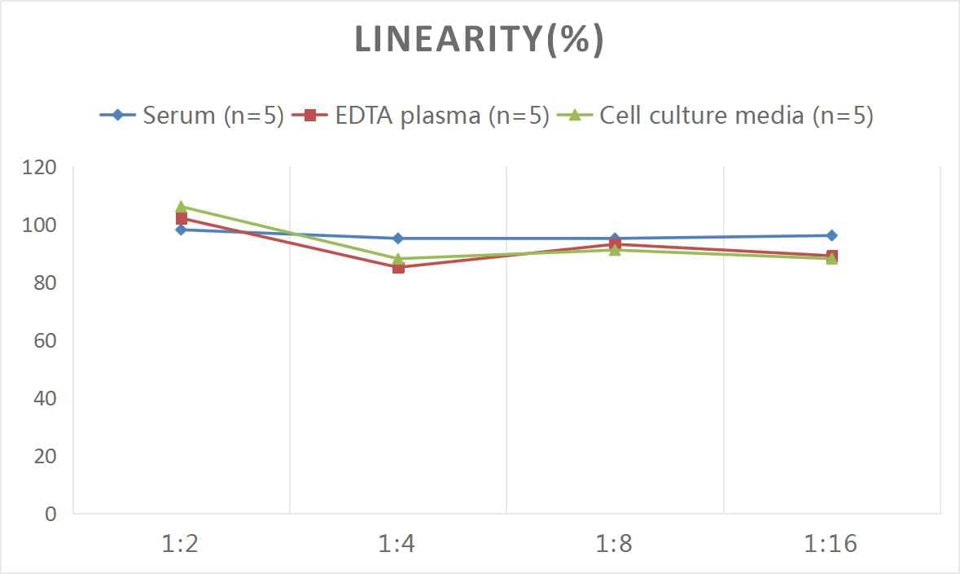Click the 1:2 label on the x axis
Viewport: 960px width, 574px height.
(x=181, y=544)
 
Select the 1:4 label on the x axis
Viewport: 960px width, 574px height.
(x=397, y=544)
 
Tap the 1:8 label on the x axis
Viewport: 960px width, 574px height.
(x=615, y=544)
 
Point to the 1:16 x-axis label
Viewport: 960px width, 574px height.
(x=831, y=544)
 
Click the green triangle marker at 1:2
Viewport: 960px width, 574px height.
(x=181, y=207)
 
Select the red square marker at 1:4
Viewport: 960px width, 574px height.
(x=398, y=267)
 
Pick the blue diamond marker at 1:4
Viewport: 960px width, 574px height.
(x=398, y=239)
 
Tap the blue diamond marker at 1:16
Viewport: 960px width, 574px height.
(x=831, y=235)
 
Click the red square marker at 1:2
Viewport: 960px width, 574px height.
(x=181, y=218)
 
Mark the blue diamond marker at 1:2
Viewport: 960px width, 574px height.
(x=181, y=230)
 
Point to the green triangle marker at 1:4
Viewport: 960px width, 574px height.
(x=398, y=258)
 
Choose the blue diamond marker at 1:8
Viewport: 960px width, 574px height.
(x=615, y=239)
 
